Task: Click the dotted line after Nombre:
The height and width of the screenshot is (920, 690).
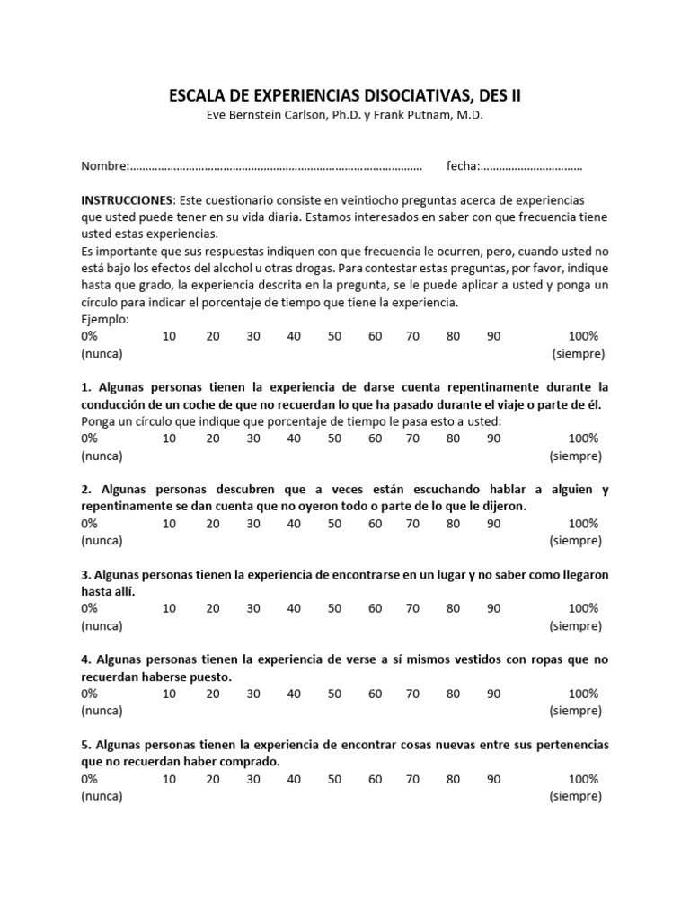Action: [277, 166]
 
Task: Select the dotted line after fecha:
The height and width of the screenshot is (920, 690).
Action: [530, 166]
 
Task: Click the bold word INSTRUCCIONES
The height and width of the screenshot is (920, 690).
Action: [127, 199]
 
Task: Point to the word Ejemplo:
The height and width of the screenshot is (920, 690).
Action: [105, 319]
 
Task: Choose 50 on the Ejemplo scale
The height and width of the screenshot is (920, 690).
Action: [334, 336]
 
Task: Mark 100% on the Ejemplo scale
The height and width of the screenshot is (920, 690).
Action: [583, 336]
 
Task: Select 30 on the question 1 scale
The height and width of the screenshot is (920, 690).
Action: [253, 438]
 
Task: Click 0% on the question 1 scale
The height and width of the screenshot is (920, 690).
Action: [90, 438]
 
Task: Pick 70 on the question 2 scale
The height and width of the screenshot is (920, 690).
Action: [412, 524]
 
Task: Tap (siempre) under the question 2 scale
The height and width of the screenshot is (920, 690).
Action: [576, 541]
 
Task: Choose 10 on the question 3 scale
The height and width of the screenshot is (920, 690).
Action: [169, 608]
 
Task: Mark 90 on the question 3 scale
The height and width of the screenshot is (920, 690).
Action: [493, 608]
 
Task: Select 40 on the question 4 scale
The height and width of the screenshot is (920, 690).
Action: [294, 694]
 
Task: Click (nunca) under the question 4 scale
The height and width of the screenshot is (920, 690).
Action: [102, 711]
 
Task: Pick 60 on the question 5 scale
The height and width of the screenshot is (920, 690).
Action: [375, 779]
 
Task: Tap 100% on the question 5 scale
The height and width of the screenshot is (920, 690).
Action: [583, 779]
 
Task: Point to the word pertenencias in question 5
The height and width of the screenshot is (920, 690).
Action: [570, 745]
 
